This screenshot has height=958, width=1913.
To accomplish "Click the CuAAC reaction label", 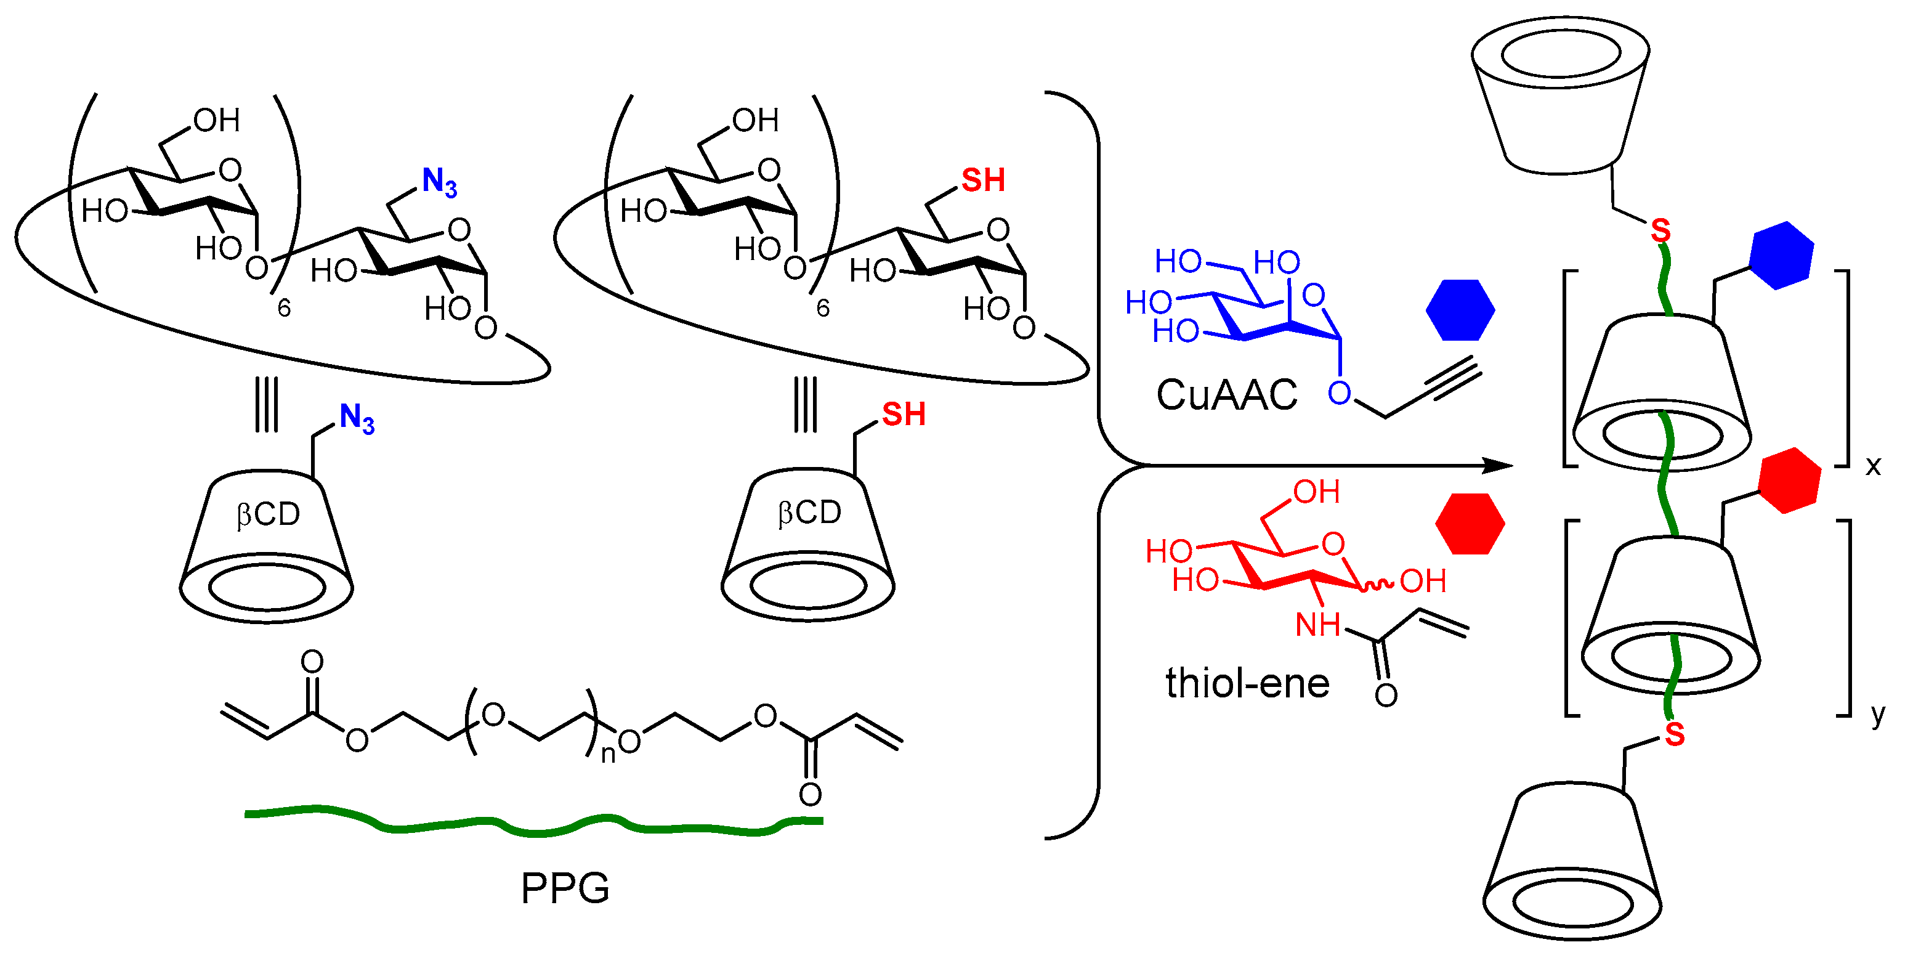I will tap(1226, 395).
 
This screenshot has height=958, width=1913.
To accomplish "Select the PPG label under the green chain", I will tap(564, 888).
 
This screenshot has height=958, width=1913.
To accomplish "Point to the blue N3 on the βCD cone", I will tap(357, 418).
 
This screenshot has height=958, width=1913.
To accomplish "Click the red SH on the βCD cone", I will tap(903, 415).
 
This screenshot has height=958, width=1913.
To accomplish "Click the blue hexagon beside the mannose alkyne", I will tap(1460, 310).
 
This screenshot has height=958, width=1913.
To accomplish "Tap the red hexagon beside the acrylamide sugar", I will tap(1470, 524).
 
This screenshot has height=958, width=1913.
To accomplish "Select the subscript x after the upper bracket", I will tap(1873, 466).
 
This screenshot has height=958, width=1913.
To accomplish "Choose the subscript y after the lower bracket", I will tap(1877, 715).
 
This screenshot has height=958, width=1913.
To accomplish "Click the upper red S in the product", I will tap(1660, 231).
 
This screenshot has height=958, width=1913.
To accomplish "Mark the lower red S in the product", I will tap(1674, 734).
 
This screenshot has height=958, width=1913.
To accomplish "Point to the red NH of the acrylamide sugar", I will tap(1317, 625).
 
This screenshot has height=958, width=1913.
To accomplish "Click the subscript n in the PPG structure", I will tap(607, 755).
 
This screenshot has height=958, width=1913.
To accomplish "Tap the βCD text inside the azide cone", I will tap(268, 514).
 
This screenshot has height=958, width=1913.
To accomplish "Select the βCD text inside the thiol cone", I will tap(809, 513).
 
